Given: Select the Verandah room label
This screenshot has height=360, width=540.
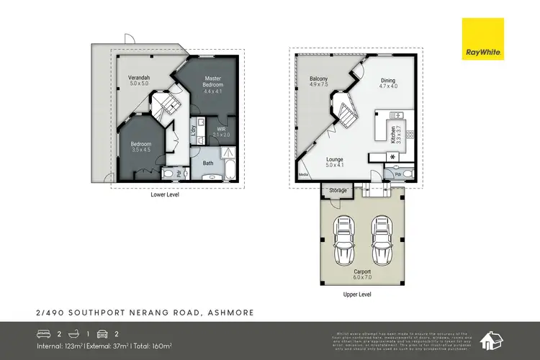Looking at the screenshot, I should [x=138, y=79].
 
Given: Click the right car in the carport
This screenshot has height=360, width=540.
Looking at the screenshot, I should [x=381, y=235].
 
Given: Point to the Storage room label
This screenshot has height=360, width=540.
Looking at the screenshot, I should [x=338, y=190].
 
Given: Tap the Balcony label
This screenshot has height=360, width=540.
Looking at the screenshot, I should [x=318, y=81].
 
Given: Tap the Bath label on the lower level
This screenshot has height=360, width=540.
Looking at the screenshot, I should [x=209, y=163].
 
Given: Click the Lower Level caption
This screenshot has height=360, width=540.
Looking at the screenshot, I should [x=165, y=194].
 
